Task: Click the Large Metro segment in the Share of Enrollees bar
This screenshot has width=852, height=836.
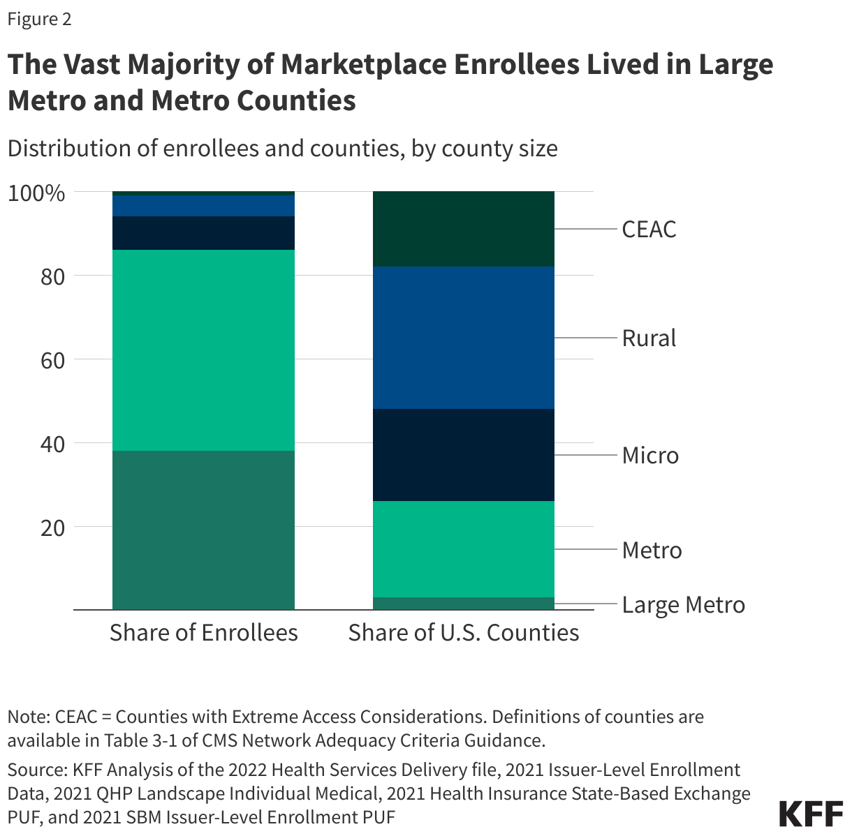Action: [x=203, y=530]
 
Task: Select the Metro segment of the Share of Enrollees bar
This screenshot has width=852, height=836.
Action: [x=203, y=350]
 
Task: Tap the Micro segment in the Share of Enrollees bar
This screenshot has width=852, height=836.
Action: [x=203, y=233]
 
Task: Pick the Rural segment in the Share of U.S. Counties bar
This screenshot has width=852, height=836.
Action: [x=464, y=338]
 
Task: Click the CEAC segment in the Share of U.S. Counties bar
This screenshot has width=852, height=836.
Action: [x=464, y=229]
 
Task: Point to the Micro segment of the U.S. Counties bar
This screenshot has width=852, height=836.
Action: [x=464, y=455]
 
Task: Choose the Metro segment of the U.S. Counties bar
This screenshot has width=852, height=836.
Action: [x=464, y=549]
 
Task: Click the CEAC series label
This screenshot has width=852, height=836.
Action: [x=649, y=230]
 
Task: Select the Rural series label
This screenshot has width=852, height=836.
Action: [x=649, y=338]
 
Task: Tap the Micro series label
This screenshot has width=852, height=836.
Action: [x=650, y=456]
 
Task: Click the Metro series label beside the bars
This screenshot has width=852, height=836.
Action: [x=652, y=551]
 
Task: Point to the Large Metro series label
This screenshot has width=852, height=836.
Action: [x=683, y=604]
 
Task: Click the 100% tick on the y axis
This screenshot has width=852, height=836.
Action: [x=36, y=193]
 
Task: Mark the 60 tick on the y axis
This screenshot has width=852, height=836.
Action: [x=50, y=360]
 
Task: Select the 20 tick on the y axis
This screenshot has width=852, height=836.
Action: [x=50, y=528]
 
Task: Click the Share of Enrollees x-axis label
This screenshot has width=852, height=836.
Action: [x=203, y=632]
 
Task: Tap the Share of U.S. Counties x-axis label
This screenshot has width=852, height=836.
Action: [x=464, y=632]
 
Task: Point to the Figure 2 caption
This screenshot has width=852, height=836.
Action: [x=39, y=19]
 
